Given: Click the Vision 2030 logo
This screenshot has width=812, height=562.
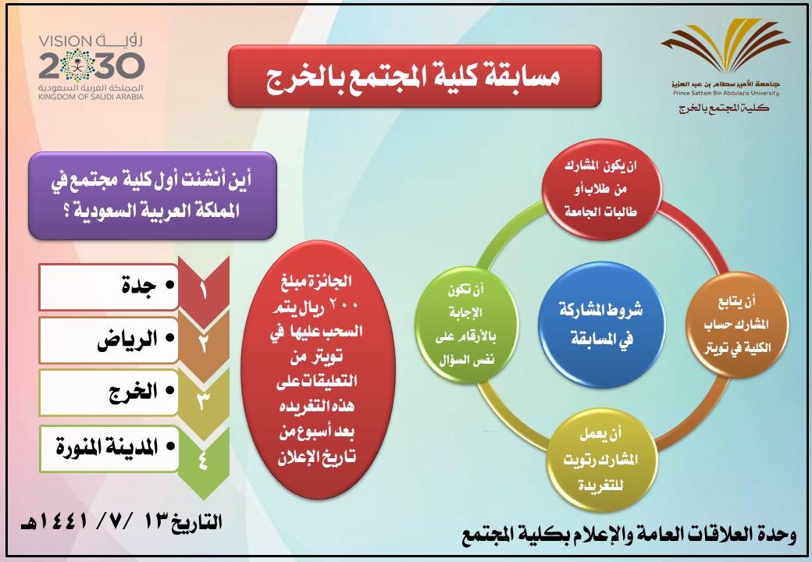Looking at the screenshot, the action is point(91,67).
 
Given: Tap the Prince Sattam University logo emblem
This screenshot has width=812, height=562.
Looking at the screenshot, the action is point(725,47).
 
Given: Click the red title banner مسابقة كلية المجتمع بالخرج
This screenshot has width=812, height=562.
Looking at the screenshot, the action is point(415,76).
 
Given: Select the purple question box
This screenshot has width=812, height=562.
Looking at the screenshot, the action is point(152,196).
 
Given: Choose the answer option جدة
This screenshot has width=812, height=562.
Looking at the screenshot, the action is point(109,286).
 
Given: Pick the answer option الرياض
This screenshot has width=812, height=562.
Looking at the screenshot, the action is point(109,340).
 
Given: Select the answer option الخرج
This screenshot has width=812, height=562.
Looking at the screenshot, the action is point(109,393).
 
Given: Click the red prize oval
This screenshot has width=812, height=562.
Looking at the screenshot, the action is point(318,369).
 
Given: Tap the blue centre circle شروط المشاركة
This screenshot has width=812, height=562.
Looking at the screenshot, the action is point(600,325).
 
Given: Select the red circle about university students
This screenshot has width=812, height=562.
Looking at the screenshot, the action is point(600,189).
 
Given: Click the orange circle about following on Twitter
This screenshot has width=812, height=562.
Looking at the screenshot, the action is point(737,325).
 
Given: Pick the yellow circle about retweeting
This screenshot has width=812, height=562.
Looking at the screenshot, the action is point(600,460).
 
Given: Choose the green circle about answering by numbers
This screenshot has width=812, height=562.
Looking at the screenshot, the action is point(466,325).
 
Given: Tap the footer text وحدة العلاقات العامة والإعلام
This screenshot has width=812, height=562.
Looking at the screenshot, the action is point(629,535).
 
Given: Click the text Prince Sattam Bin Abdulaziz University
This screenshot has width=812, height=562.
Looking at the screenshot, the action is point(725,94).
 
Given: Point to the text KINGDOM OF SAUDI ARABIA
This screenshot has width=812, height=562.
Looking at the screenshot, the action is point(91,97).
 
